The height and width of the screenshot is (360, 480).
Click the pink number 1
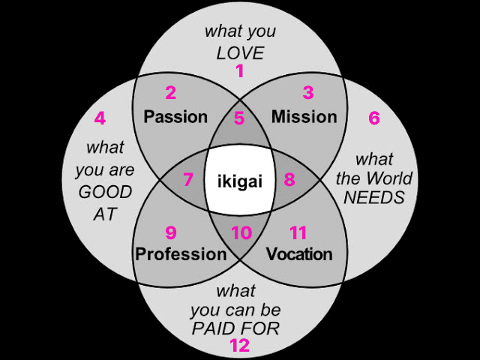point(240,72)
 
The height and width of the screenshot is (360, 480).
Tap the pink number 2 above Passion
point(171,93)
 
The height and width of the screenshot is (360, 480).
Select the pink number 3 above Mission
point(307,93)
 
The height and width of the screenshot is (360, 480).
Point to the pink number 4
point(100,118)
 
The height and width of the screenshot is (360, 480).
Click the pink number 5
point(239,118)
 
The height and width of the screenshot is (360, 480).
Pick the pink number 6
point(374,118)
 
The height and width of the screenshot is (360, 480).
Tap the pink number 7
point(188,180)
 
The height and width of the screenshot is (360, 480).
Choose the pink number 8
point(289,180)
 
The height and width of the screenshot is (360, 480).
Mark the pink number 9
point(171,232)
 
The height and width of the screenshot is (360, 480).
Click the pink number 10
point(241,233)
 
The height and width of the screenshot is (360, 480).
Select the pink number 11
point(298,232)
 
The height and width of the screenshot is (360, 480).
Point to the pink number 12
point(239,346)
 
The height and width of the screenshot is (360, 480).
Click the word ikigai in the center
point(239,181)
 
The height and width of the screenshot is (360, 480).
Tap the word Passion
point(175,117)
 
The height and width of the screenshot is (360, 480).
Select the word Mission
point(304,117)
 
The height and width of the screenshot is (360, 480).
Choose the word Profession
point(181,253)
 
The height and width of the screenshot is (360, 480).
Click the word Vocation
point(299,253)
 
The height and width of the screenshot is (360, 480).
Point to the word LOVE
point(240,52)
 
